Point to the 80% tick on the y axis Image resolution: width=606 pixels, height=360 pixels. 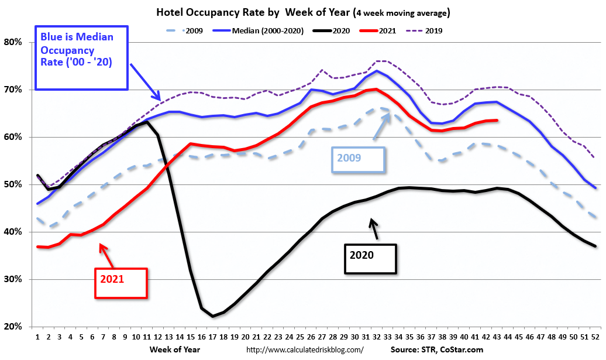(x=13, y=42)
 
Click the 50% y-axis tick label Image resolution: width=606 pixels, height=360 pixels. (x=13, y=184)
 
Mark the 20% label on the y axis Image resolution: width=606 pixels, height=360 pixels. (x=13, y=327)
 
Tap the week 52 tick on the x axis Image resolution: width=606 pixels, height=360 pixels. (x=595, y=338)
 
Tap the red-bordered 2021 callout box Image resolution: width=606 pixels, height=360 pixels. (x=121, y=283)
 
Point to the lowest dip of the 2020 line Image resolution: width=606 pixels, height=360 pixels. (x=212, y=316)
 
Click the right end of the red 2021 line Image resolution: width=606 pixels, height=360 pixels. (x=497, y=120)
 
